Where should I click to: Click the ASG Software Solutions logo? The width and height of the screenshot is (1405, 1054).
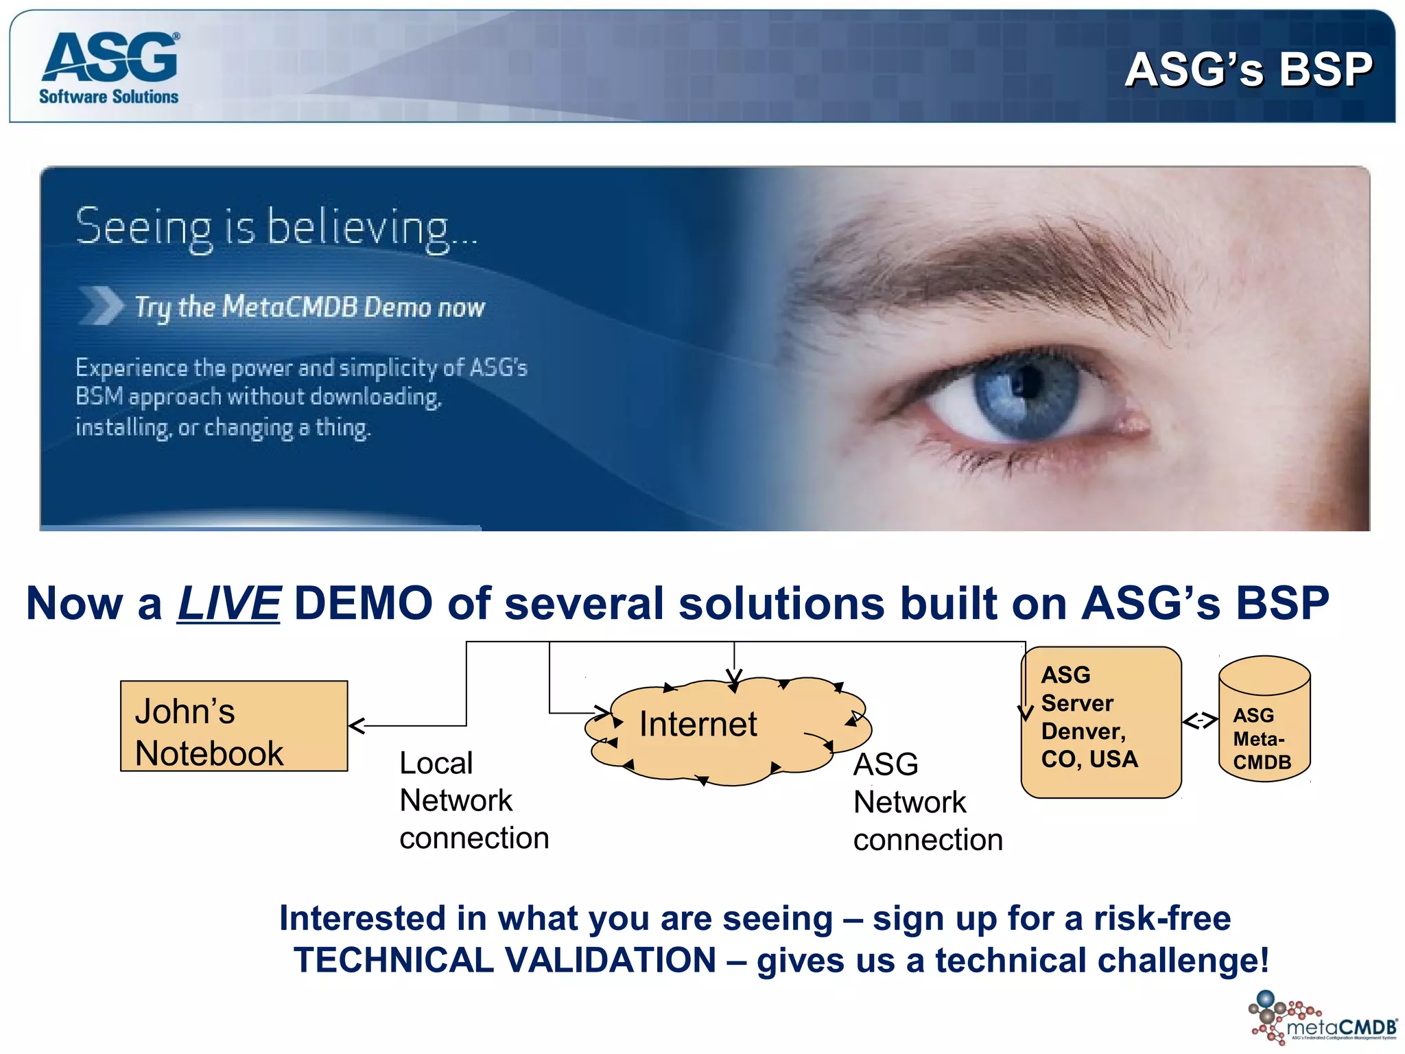109,67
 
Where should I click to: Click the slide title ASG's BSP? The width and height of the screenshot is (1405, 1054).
1248,69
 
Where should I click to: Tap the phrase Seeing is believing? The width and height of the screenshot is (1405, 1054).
275,227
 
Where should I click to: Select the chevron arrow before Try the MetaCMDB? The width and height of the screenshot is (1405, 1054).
101,305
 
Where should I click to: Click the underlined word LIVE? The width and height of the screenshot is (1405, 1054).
228,604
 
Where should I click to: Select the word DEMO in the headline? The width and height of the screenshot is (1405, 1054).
363,604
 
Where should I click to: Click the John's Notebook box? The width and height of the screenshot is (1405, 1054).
234,726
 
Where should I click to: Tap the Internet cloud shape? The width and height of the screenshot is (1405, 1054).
727,731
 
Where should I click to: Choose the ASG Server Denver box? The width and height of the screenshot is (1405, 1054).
1100,722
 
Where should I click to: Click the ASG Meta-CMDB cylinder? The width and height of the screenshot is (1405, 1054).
1264,721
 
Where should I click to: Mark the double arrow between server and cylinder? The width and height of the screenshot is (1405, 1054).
1200,721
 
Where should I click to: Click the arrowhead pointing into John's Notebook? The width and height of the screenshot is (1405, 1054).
356,725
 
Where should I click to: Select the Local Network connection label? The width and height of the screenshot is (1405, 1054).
473,800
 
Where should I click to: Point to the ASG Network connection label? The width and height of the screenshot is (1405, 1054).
927,801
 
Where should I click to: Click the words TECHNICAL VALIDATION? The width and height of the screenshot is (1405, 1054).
505,959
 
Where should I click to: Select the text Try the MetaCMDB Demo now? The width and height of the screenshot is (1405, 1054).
309,307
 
